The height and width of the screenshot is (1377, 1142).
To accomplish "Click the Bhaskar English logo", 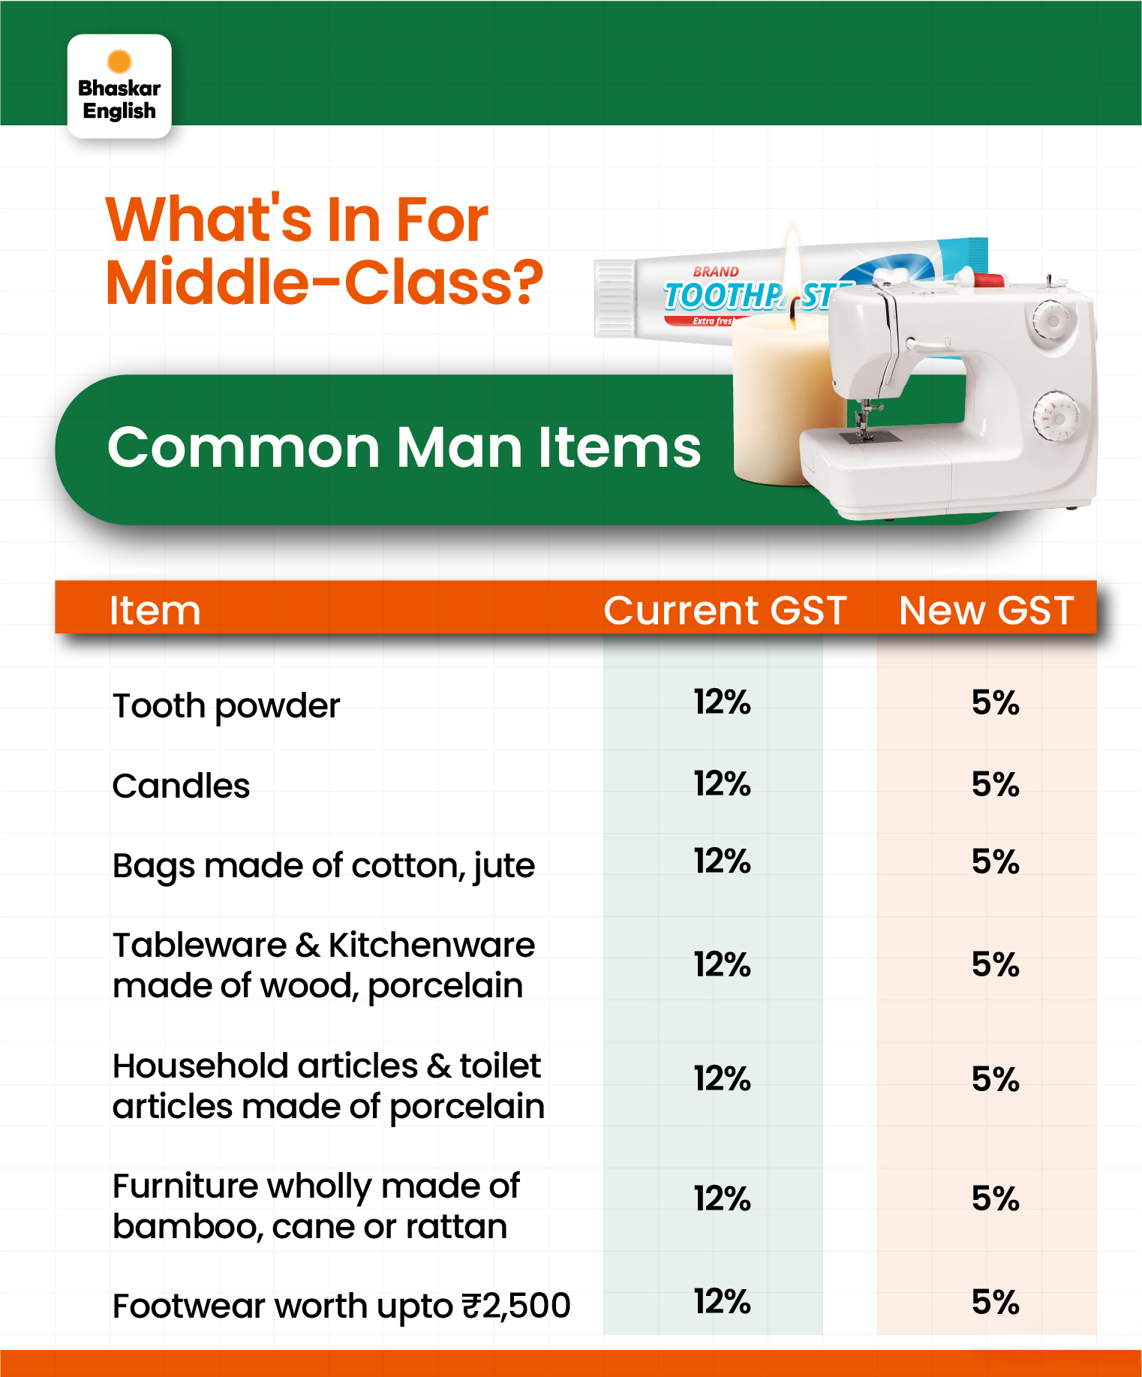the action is [x=119, y=86].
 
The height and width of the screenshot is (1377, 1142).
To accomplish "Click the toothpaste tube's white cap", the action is [x=615, y=298].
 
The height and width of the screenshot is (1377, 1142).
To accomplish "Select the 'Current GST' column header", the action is [x=725, y=609].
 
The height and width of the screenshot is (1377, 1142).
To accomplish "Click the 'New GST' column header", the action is [x=986, y=609].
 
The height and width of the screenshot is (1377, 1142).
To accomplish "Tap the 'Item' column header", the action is [x=155, y=609].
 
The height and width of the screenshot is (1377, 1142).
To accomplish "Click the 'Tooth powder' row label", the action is [x=226, y=706].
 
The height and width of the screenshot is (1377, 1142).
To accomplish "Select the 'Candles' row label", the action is [x=181, y=786].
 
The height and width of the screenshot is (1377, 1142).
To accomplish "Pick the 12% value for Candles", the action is [x=722, y=783].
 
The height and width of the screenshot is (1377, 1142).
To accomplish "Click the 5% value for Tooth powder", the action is [x=995, y=702].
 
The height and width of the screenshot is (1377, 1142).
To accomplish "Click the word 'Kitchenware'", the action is [x=431, y=945].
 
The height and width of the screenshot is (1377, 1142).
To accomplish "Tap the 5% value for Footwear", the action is [x=995, y=1302].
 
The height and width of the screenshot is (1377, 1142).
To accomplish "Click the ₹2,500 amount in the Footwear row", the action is [x=516, y=1306].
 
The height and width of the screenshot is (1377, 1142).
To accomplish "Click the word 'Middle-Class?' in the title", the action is [x=324, y=282].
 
